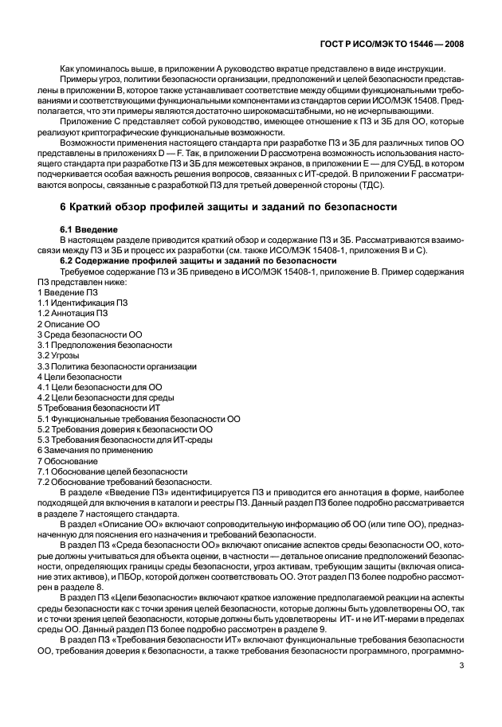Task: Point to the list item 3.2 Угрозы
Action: [x=59, y=355]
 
